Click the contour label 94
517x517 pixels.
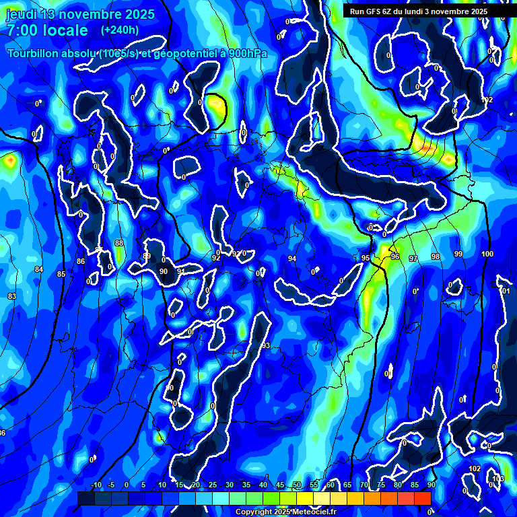(292, 258)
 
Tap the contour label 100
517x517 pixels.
(487, 254)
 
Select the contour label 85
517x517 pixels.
(61, 274)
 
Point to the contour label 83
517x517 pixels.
(12, 296)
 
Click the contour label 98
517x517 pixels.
(436, 256)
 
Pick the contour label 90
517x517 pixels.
(164, 271)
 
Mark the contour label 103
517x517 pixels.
(498, 479)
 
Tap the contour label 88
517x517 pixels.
(119, 243)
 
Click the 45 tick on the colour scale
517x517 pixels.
(280, 485)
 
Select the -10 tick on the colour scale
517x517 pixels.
(96, 485)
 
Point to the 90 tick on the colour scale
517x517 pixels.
(431, 485)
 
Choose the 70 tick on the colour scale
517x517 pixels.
(364, 485)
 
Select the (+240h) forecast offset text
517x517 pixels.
(120, 30)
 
